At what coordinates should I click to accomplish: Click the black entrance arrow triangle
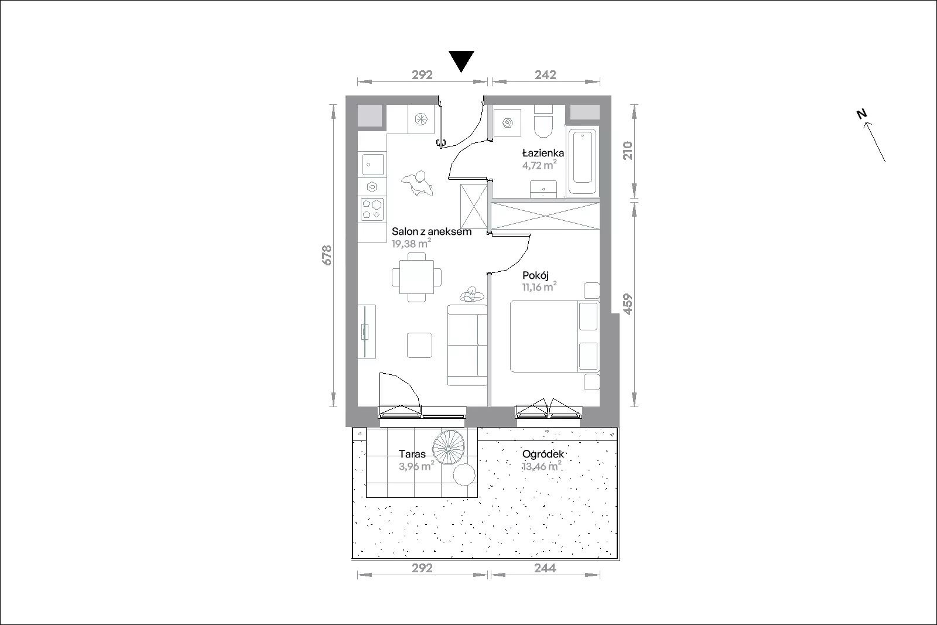pos(461,59)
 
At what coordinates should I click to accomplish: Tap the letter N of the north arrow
pos(861,114)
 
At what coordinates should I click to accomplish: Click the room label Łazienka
pos(543,153)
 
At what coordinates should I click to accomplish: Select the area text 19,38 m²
pos(411,243)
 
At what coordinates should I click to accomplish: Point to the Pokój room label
pos(535,276)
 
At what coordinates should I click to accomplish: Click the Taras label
pos(412,454)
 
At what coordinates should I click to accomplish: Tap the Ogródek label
pos(543,454)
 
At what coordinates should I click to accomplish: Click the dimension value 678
pos(327,255)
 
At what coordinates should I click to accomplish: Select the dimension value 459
pos(627,304)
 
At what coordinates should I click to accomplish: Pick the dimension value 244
pos(545,568)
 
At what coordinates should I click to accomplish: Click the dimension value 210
pos(627,151)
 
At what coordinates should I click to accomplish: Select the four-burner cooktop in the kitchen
pos(372,209)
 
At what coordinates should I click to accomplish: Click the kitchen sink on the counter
pos(372,165)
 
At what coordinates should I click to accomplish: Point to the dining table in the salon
pos(416,277)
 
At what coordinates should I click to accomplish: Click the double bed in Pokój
pos(555,336)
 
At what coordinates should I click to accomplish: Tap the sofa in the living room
pos(467,345)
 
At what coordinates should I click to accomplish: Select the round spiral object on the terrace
pos(449,447)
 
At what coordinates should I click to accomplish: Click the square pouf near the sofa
pos(419,345)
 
